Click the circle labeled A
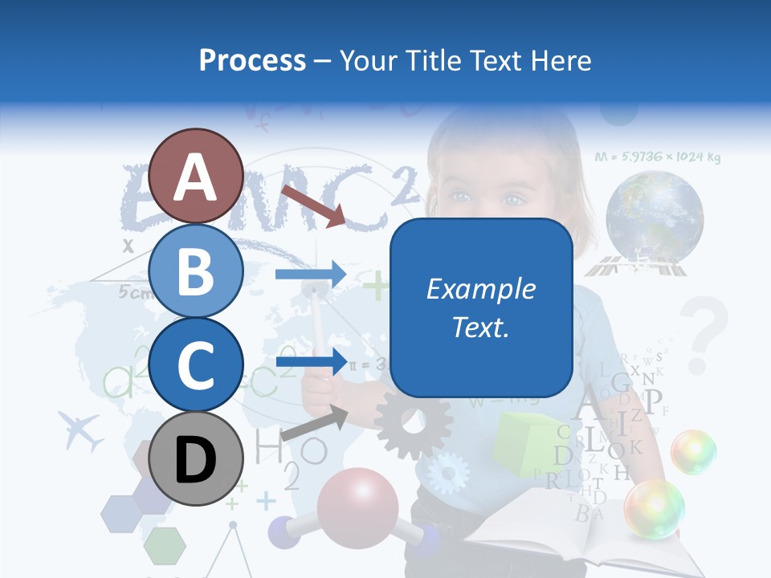tap(195, 177)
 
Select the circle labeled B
tap(195, 271)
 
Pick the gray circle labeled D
tap(195, 459)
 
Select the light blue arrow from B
tap(310, 275)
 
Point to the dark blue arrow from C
tap(310, 361)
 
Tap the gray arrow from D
tap(314, 422)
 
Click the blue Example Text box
tap(481, 307)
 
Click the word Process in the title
tap(252, 60)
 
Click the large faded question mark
tap(704, 333)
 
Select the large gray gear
tap(413, 424)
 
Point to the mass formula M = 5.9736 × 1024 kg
tap(658, 157)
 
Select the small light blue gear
tap(447, 473)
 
